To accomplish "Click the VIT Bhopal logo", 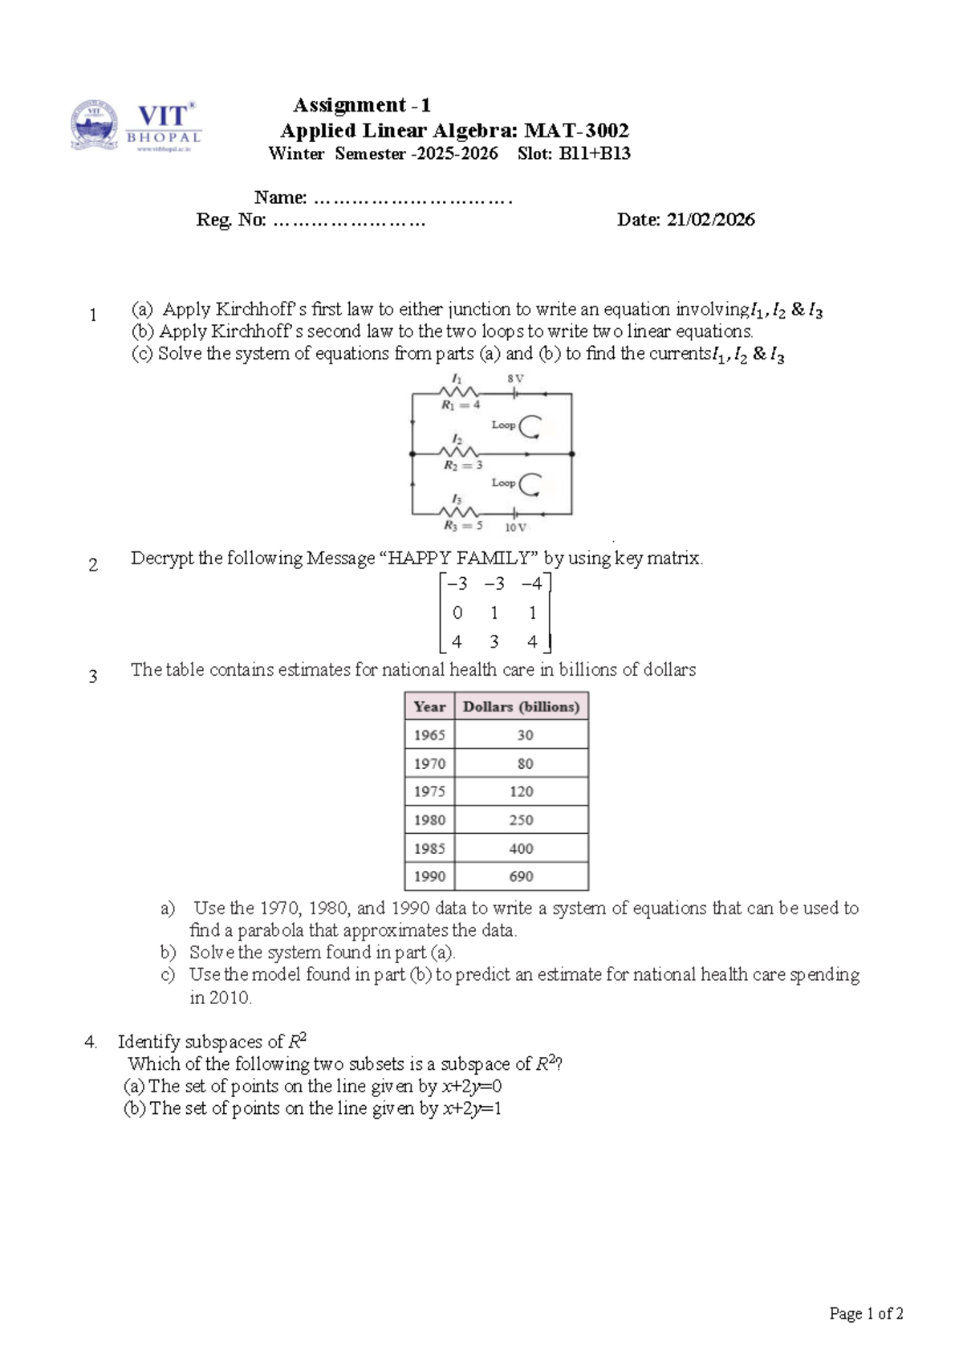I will [134, 126].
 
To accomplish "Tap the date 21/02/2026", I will [710, 220].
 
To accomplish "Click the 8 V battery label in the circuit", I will [515, 378].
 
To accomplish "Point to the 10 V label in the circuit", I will [515, 528].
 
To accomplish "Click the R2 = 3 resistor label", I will [463, 466].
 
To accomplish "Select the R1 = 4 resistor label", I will [461, 405].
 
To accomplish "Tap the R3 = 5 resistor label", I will [463, 527].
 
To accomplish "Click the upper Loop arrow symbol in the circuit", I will [530, 426].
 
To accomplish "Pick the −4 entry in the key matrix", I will [531, 584].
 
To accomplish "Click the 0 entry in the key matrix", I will [457, 613].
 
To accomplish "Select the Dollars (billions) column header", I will [521, 707].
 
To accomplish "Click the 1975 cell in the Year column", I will [429, 792].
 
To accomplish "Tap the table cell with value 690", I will [521, 877].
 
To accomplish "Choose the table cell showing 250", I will [521, 820].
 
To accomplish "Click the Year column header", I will [429, 707].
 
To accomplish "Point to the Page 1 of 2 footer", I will [866, 1314].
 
